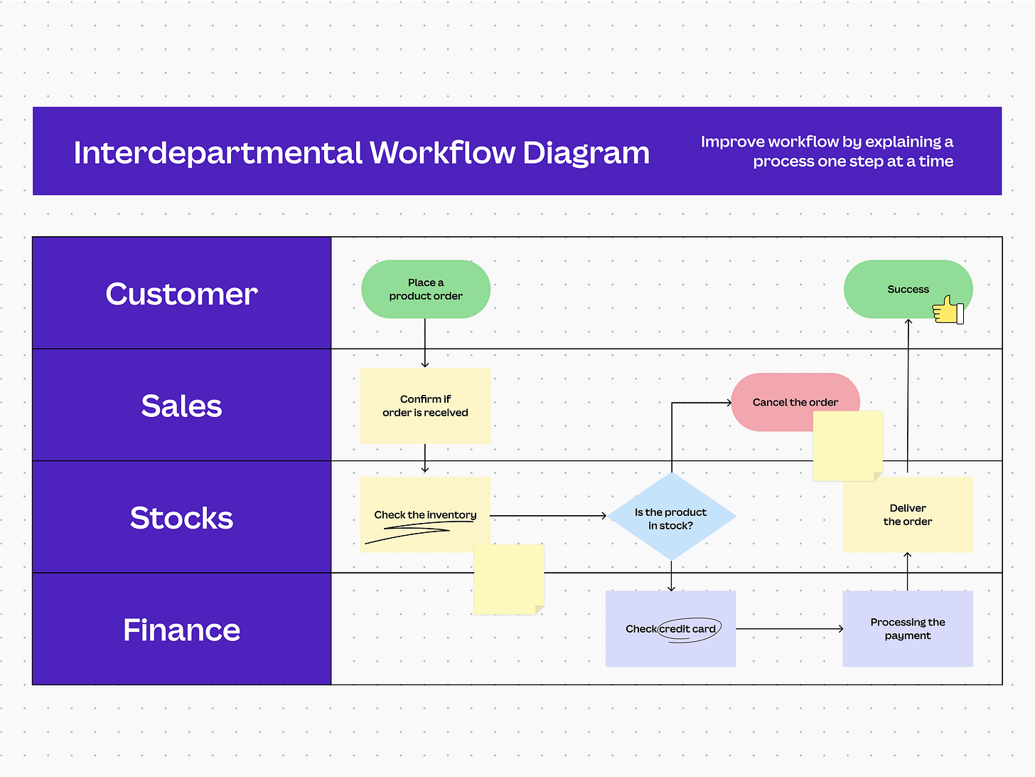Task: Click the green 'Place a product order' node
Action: [x=425, y=289]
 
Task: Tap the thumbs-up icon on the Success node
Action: [x=948, y=310]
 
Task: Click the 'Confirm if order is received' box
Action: [x=425, y=406]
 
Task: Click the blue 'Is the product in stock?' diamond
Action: [x=671, y=518]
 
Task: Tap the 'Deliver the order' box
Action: [x=908, y=514]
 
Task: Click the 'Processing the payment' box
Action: [x=908, y=628]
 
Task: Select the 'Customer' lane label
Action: [x=181, y=294]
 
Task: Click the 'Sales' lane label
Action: [x=181, y=406]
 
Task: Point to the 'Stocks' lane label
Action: [x=181, y=517]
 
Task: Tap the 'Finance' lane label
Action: [x=181, y=630]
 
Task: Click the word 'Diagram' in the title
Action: [x=586, y=152]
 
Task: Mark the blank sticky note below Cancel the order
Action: [x=847, y=446]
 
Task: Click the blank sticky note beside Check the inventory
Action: [x=509, y=579]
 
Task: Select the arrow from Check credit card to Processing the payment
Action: [x=789, y=629]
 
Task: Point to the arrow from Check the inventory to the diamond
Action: [x=547, y=515]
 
